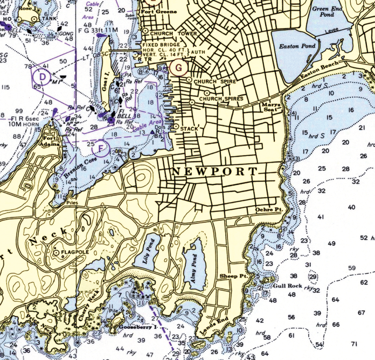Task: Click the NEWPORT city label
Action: pos(215,172)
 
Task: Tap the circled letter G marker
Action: pos(176,67)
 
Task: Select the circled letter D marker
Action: pos(41,76)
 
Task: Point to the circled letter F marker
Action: pos(102,146)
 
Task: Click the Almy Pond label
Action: pos(193,264)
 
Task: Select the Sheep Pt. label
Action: pos(233,276)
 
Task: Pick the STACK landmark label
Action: pos(189,129)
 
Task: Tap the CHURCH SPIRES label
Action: pos(221,99)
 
